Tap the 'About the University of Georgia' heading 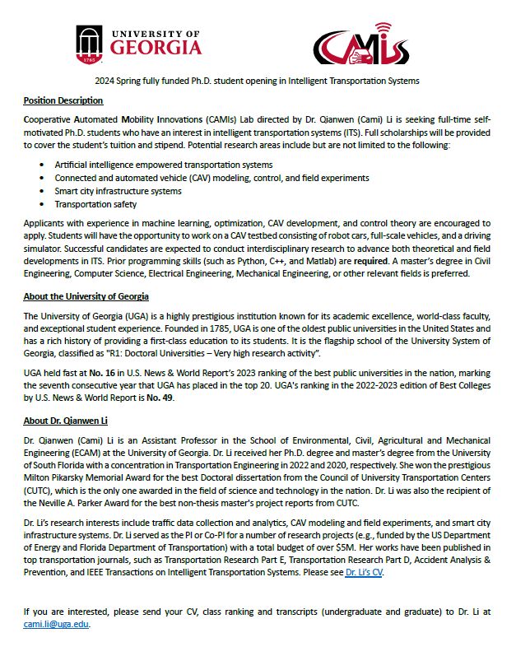pyautogui.click(x=86, y=296)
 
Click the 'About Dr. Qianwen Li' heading pyautogui.click(x=65, y=421)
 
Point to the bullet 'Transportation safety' pyautogui.click(x=95, y=204)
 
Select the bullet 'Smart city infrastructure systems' pyautogui.click(x=118, y=191)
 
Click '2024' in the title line pyautogui.click(x=105, y=81)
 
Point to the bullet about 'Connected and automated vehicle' pyautogui.click(x=212, y=178)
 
